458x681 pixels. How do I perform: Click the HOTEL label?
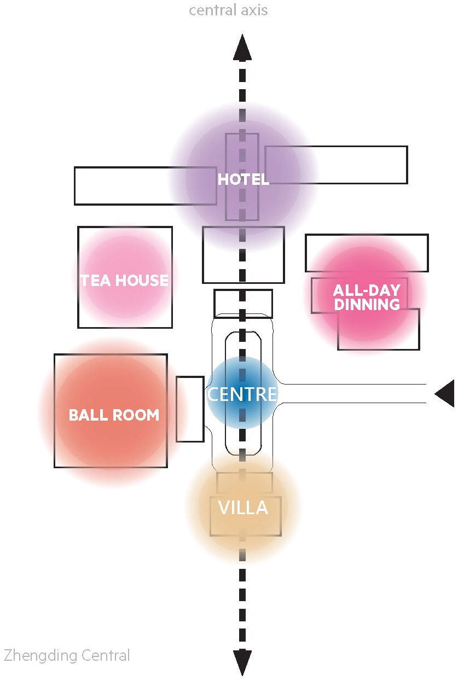[x=244, y=179]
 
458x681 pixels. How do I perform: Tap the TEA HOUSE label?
[x=124, y=280]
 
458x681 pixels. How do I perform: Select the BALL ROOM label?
[x=114, y=415]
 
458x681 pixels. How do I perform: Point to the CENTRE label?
[x=242, y=394]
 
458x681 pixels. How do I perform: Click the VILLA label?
[x=244, y=508]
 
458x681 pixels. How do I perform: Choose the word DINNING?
[x=367, y=304]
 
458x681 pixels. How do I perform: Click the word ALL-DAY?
[x=367, y=290]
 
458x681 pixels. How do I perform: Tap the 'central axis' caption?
[x=228, y=10]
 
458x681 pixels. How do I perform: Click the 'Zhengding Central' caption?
[x=67, y=656]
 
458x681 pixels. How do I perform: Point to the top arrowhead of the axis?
[x=242, y=47]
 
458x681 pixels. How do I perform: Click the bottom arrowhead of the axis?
[x=242, y=663]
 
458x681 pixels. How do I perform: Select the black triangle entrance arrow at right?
[x=445, y=393]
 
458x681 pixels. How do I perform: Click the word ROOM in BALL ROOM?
[x=137, y=415]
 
